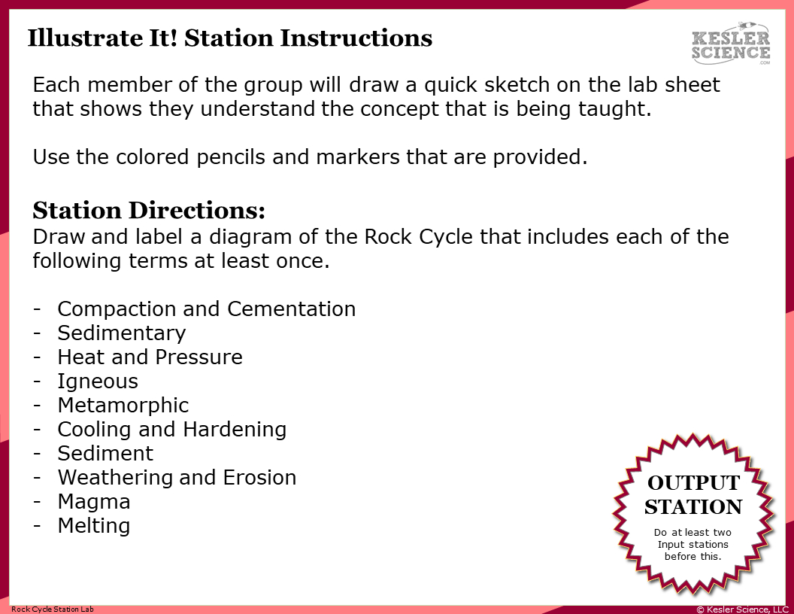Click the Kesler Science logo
pos(730,44)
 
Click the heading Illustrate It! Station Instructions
pos(229,38)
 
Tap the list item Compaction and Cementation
pos(206,309)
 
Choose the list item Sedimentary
pos(121,333)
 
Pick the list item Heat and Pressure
pos(150,357)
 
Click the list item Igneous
pos(98,381)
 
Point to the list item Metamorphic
pos(123,405)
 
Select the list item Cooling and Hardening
pos(171,429)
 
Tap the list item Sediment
pos(105,453)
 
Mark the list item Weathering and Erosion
pos(177,477)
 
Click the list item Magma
pos(94,501)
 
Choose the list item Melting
pos(94,525)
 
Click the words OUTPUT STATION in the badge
pos(693,494)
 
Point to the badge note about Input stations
pos(692,544)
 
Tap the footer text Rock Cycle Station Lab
pos(53,609)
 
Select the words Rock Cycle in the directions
pos(419,237)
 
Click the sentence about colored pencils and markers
pos(310,157)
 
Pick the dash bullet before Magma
pos(37,501)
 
